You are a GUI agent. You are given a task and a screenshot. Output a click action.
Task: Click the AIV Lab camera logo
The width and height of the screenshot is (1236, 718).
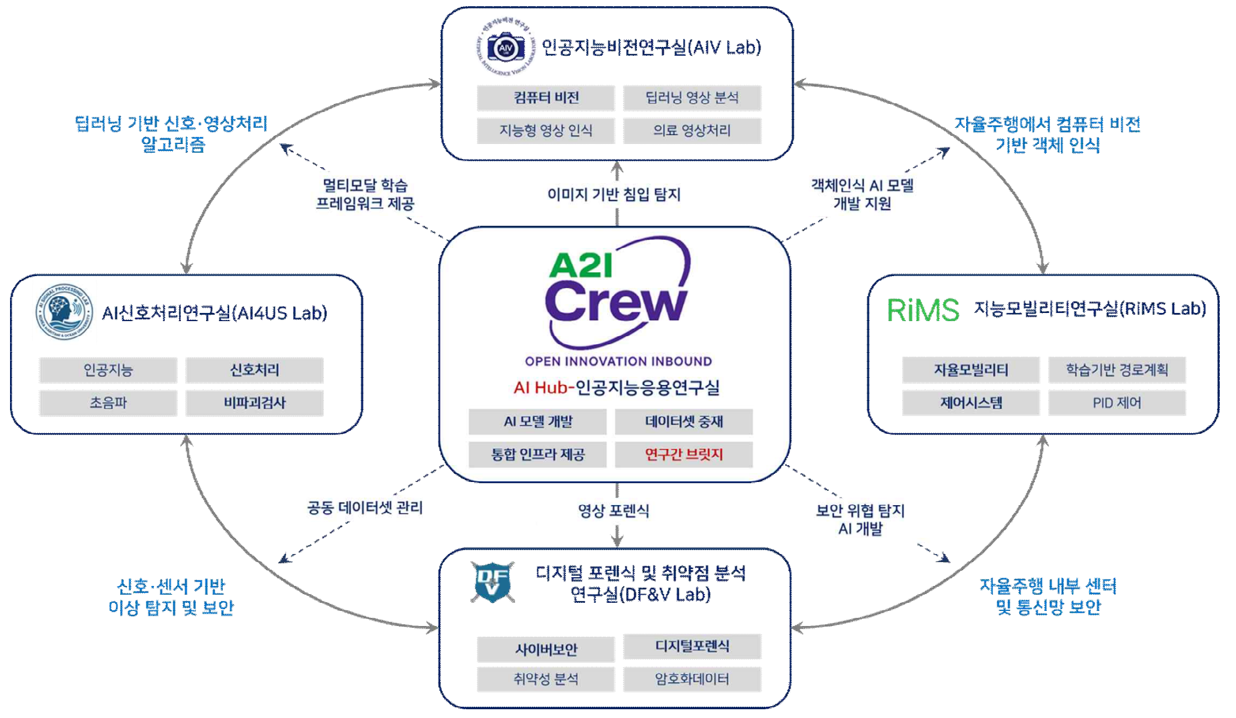pyautogui.click(x=505, y=48)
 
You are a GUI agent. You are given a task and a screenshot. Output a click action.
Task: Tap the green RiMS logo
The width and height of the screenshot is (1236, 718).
pyautogui.click(x=922, y=310)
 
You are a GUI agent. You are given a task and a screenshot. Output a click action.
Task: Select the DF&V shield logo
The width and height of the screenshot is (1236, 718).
pyautogui.click(x=493, y=582)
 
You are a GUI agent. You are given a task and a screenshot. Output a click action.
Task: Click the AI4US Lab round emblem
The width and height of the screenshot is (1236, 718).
pyautogui.click(x=64, y=312)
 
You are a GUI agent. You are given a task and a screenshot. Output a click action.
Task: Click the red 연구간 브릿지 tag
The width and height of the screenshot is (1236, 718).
pyautogui.click(x=684, y=454)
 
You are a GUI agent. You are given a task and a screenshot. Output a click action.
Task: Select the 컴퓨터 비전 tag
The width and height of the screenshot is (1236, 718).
pyautogui.click(x=546, y=98)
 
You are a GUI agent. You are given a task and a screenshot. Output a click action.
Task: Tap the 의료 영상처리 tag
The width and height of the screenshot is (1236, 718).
pyautogui.click(x=692, y=131)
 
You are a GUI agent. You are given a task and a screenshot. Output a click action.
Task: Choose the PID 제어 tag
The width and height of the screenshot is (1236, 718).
pyautogui.click(x=1117, y=403)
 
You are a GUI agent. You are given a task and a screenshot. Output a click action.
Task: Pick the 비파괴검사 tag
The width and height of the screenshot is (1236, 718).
pyautogui.click(x=255, y=403)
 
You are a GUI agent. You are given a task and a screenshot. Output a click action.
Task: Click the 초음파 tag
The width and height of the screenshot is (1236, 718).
pyautogui.click(x=108, y=403)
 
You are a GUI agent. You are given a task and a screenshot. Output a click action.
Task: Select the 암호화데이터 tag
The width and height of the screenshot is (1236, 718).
pyautogui.click(x=692, y=679)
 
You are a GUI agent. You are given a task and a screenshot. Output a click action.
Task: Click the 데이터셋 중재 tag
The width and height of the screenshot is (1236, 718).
pyautogui.click(x=684, y=422)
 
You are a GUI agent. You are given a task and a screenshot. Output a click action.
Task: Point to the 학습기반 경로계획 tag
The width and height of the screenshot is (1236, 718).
pyautogui.click(x=1117, y=370)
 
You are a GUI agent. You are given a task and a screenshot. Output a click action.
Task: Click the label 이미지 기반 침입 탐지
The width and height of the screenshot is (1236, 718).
pyautogui.click(x=614, y=195)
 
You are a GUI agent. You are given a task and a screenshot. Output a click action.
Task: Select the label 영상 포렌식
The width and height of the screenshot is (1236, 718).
pyautogui.click(x=614, y=511)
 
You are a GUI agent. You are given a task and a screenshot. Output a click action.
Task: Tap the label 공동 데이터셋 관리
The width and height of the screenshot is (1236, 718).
pyautogui.click(x=365, y=508)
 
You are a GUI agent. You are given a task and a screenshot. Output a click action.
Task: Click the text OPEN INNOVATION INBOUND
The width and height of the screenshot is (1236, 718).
pyautogui.click(x=618, y=361)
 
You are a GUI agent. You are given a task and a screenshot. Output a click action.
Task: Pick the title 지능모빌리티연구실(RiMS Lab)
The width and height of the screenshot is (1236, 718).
pyautogui.click(x=1089, y=309)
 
